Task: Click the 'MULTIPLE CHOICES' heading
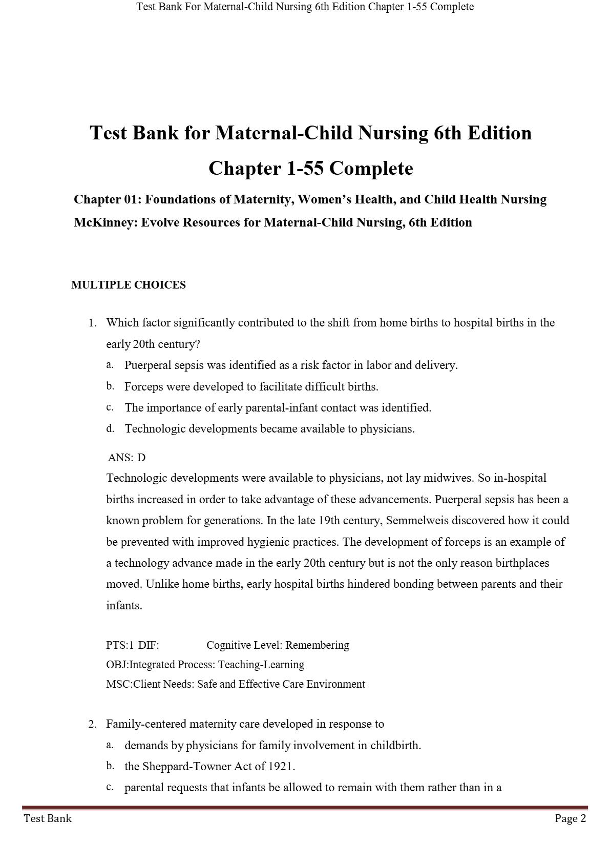[128, 285]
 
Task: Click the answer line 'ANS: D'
[127, 458]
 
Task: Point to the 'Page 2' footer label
[570, 818]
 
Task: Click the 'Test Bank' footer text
[48, 818]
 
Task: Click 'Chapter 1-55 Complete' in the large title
[310, 168]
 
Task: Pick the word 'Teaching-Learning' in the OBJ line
[261, 665]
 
